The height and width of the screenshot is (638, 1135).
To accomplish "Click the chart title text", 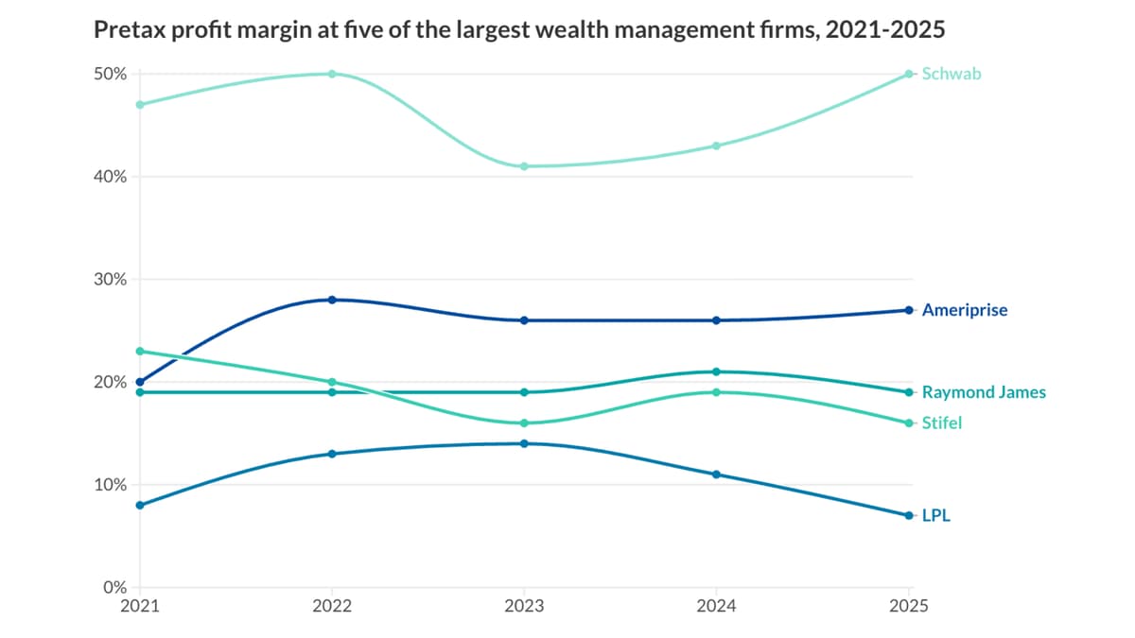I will click(518, 30).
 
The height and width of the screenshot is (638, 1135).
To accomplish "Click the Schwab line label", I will click(952, 74).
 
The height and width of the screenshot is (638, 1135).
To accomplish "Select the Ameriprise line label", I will click(965, 310).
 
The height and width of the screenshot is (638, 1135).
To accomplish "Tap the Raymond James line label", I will click(984, 392).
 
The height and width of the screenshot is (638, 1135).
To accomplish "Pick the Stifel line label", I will click(941, 423).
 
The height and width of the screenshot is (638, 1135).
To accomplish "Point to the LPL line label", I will click(935, 516).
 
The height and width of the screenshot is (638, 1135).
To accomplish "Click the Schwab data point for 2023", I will click(524, 166).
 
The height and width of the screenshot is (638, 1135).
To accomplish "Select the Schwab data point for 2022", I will click(332, 74).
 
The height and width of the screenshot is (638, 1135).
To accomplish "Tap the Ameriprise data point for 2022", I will click(332, 300).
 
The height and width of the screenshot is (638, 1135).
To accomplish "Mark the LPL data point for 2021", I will click(140, 505).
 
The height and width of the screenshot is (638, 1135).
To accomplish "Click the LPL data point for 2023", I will click(524, 443).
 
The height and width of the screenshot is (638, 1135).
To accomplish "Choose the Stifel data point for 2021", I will click(140, 351).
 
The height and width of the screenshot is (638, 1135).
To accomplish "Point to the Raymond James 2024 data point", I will click(716, 371).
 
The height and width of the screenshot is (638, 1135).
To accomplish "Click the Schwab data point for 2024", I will click(716, 146).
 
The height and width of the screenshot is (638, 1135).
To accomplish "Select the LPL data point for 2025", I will click(908, 515).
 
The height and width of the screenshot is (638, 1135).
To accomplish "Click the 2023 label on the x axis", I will click(524, 606).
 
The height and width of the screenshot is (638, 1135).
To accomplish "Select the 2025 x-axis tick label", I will click(908, 606).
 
